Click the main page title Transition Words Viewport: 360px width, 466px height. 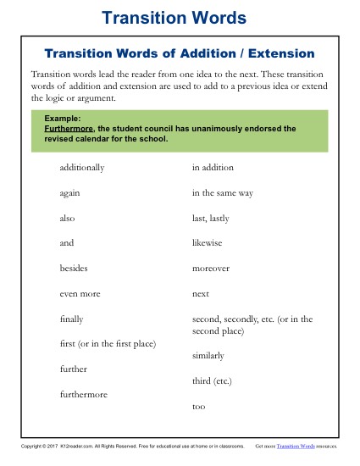(180, 18)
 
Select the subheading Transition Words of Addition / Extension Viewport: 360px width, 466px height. (180, 53)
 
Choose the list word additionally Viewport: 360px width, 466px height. (82, 168)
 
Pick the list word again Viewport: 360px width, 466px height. (70, 193)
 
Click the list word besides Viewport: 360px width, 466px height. (74, 268)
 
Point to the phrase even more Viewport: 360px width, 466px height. (80, 293)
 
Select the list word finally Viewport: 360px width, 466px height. (72, 319)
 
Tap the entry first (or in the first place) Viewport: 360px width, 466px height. (108, 344)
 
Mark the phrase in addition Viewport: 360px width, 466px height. (213, 168)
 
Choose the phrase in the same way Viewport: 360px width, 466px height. (223, 193)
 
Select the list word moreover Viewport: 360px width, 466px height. (211, 268)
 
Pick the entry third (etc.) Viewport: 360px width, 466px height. (213, 381)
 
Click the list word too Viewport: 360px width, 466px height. (199, 407)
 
